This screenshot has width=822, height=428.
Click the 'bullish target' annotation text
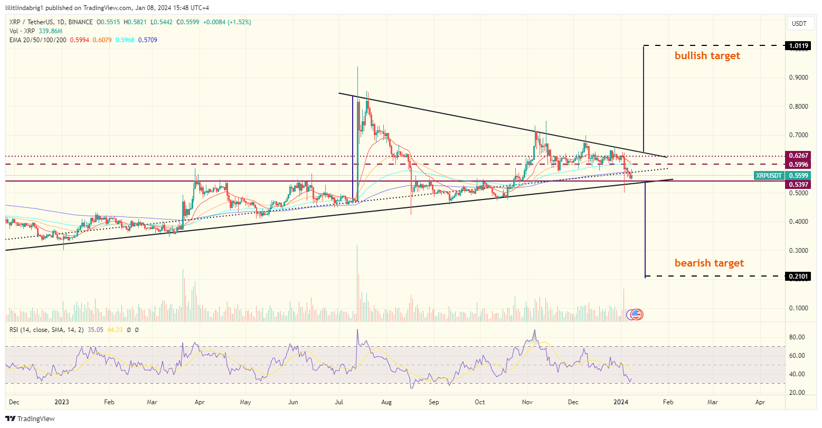tap(707, 56)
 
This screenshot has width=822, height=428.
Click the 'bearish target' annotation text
tap(709, 263)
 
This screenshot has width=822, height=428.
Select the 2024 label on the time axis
tap(622, 402)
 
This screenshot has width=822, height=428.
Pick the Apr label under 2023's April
tap(200, 402)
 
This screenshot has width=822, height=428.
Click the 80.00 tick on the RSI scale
tap(797, 337)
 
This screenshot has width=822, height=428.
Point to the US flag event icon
tap(637, 315)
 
